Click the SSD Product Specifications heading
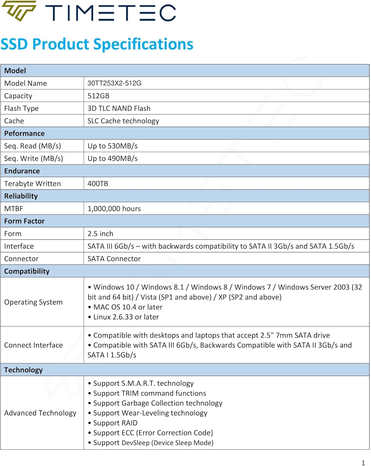97,44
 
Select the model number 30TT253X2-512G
114,83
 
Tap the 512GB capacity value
98,96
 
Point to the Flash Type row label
21,108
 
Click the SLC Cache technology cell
123,121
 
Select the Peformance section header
24,133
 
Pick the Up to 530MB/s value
112,146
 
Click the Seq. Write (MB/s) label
34,158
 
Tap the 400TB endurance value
98,184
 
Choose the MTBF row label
14,208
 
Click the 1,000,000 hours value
114,208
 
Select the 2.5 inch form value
100,234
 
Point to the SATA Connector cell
114,259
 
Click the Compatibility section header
27,271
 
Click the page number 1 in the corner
363,463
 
